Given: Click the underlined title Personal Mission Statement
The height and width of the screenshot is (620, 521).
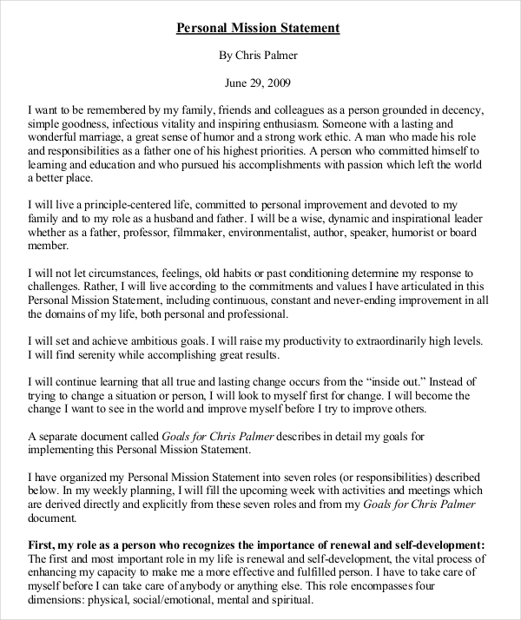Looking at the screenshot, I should click(259, 28).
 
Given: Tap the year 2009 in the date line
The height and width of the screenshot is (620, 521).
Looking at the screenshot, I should click(279, 84).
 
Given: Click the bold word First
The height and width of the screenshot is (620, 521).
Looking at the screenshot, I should click(41, 544).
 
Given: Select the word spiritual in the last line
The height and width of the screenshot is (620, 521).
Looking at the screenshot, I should click(287, 599).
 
